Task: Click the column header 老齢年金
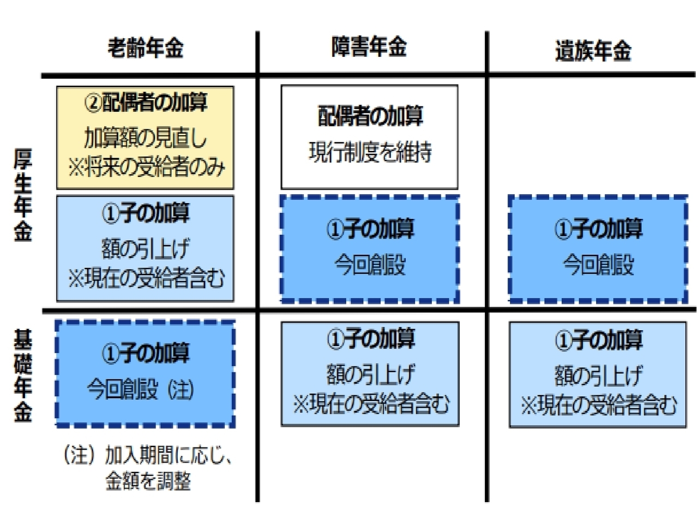point(145,48)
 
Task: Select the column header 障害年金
point(369,47)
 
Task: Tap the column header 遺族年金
point(593,51)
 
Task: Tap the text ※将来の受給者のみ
point(146,168)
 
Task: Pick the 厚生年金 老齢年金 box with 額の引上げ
point(145,248)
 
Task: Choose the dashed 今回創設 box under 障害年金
point(370,248)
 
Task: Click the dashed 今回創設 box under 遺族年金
point(598,248)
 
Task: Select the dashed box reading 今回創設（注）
point(145,373)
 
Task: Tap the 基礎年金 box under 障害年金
point(370,373)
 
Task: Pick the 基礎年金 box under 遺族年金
point(598,373)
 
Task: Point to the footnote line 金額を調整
point(148,481)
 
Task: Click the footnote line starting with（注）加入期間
point(148,455)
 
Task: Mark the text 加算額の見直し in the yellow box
point(146,138)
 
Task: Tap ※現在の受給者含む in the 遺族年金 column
point(598,405)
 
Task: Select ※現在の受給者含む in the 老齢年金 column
point(146,278)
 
